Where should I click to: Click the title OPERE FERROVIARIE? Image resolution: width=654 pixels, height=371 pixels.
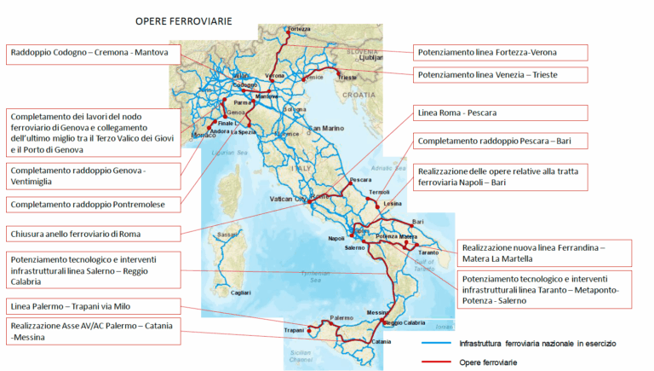tap(183, 20)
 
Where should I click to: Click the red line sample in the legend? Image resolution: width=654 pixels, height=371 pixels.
tap(436, 362)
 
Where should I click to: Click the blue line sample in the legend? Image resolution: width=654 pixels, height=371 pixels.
tap(436, 343)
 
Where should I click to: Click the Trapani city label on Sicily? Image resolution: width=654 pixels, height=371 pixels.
tap(294, 331)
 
